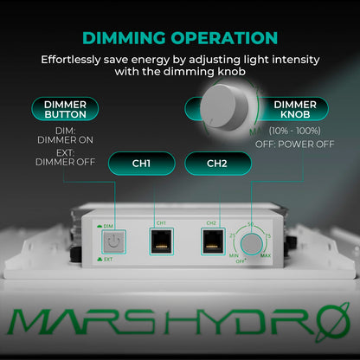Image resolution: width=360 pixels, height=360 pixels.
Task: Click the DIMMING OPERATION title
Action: coord(180,38)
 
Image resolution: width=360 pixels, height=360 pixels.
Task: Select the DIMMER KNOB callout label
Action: coord(294,109)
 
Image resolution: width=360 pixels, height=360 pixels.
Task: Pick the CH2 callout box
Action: coord(215,163)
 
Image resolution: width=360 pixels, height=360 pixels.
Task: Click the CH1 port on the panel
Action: coord(161,243)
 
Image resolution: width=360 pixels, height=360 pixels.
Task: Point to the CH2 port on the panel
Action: coord(210,243)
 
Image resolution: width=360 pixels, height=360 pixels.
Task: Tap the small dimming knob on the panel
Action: coord(252,245)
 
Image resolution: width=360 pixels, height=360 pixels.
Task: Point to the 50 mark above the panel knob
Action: coord(251,223)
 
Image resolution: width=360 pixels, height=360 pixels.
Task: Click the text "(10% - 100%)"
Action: coord(292,130)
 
